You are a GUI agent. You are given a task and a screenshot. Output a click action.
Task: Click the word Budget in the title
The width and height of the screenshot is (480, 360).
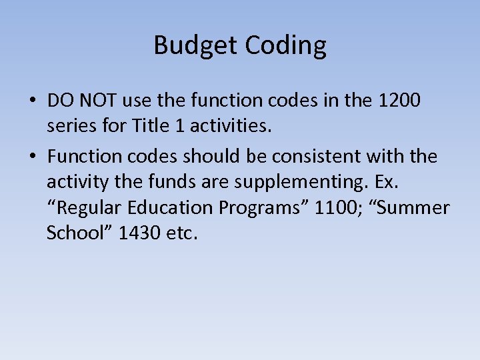pyautogui.click(x=196, y=45)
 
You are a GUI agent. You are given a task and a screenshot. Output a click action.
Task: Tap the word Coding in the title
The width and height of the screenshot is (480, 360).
pyautogui.click(x=286, y=45)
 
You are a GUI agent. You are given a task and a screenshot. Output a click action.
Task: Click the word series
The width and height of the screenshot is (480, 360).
pyautogui.click(x=69, y=125)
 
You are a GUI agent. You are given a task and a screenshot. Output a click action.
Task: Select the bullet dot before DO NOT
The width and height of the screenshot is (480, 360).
pyautogui.click(x=33, y=101)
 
